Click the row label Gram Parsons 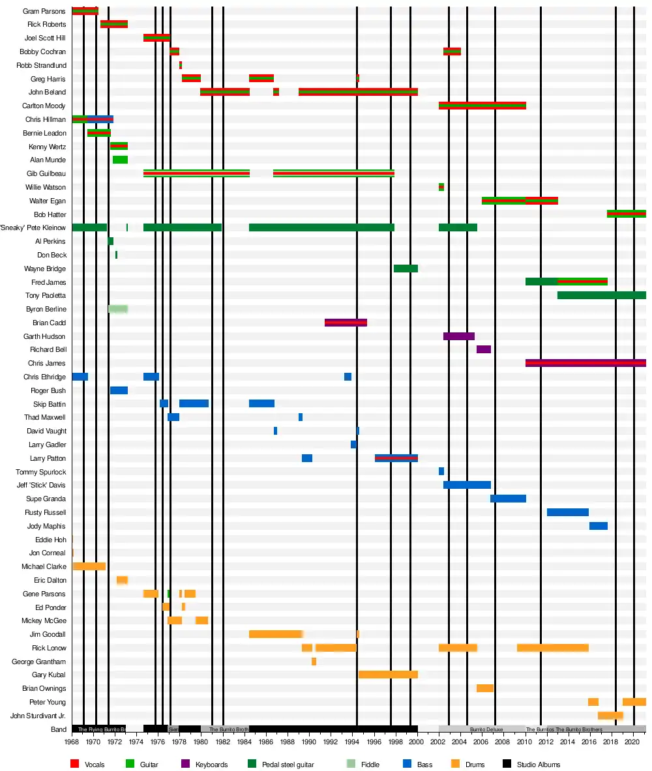pyautogui.click(x=44, y=11)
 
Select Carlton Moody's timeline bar pyautogui.click(x=482, y=106)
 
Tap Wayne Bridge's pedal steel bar pyautogui.click(x=406, y=269)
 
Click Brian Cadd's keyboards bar pyautogui.click(x=346, y=323)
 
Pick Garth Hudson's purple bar pyautogui.click(x=458, y=336)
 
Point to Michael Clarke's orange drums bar pyautogui.click(x=89, y=566)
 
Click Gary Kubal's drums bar pyautogui.click(x=388, y=675)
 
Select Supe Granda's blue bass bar pyautogui.click(x=508, y=499)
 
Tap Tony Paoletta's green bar pyautogui.click(x=601, y=295)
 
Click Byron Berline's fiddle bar pyautogui.click(x=118, y=309)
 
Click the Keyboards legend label pyautogui.click(x=211, y=764)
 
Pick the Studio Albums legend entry pyautogui.click(x=539, y=764)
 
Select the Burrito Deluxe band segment pyautogui.click(x=482, y=729)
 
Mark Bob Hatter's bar pyautogui.click(x=626, y=214)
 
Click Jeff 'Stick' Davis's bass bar pyautogui.click(x=467, y=485)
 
